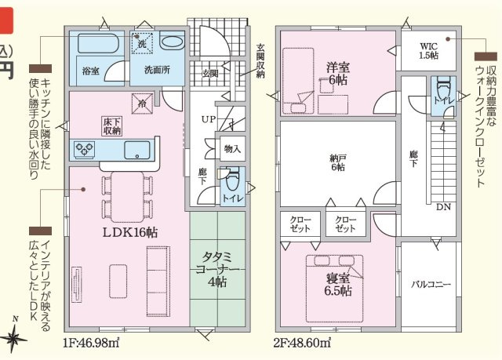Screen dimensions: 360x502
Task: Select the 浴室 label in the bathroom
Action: pyautogui.click(x=90, y=71)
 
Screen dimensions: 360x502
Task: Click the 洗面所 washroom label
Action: pyautogui.click(x=156, y=70)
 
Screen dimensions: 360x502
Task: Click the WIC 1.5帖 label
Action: pyautogui.click(x=428, y=49)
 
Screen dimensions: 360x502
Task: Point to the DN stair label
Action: pyautogui.click(x=443, y=207)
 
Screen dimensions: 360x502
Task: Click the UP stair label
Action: pyautogui.click(x=209, y=119)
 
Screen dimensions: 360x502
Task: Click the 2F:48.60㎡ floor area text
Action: pyautogui.click(x=301, y=343)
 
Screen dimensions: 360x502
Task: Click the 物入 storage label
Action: pyautogui.click(x=231, y=148)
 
